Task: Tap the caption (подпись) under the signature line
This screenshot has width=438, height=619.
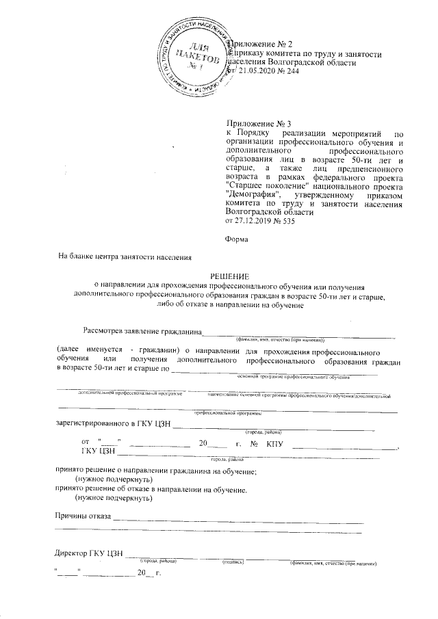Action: coord(234,561)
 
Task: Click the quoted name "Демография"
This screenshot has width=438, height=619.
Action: coord(253,195)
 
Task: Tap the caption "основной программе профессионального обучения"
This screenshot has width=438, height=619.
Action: coord(294,377)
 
